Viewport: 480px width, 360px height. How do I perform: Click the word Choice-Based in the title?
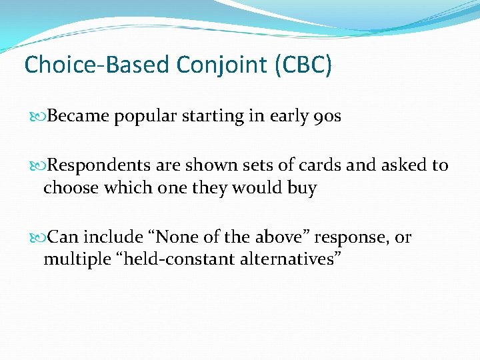pos(97,65)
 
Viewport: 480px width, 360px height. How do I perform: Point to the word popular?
pos(143,117)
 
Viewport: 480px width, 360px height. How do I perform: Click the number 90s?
pos(327,117)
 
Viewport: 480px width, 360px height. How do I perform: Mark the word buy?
pos(302,189)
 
